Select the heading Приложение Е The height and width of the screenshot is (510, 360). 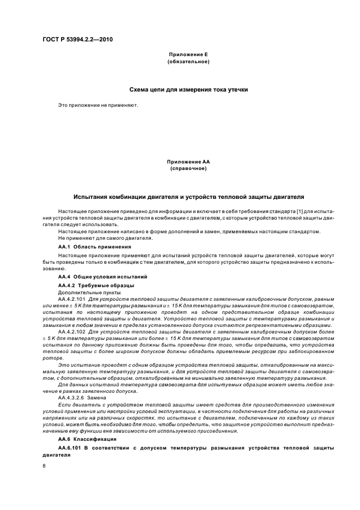click(188, 55)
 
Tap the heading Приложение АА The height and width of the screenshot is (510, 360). click(188, 162)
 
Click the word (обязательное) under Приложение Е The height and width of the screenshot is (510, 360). click(188, 62)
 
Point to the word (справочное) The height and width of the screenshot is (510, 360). click(188, 168)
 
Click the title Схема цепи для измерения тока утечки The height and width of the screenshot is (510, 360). click(188, 89)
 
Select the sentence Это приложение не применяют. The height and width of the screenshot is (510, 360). click(98, 105)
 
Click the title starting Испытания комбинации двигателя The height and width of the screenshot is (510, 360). click(188, 196)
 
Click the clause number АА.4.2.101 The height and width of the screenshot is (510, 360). click(72, 300)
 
